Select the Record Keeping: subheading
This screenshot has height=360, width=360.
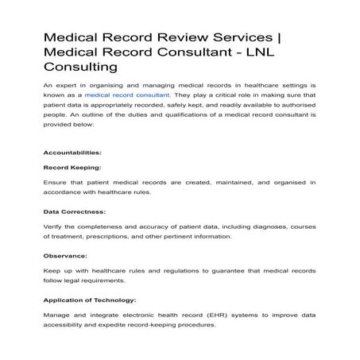point(72,168)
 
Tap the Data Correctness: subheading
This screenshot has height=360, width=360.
point(74,212)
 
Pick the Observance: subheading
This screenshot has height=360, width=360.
point(66,256)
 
